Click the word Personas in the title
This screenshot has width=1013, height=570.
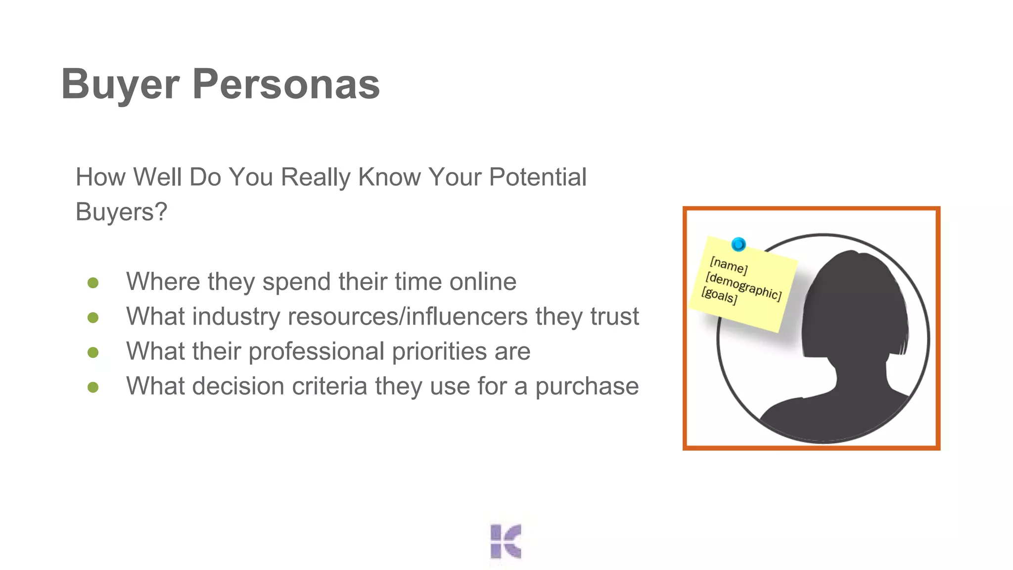286,84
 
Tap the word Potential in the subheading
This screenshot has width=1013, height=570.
537,177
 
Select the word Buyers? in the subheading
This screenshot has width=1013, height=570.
121,212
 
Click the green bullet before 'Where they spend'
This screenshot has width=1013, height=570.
93,283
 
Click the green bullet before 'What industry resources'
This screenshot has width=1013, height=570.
93,317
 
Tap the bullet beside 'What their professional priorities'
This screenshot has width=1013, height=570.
93,352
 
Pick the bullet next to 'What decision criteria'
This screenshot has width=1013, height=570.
93,387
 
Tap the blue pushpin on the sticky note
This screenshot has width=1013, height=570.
738,244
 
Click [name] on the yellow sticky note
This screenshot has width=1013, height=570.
728,266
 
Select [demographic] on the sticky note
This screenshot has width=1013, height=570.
743,286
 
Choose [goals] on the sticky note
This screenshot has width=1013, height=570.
719,295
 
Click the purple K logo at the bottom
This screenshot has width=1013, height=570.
506,541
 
